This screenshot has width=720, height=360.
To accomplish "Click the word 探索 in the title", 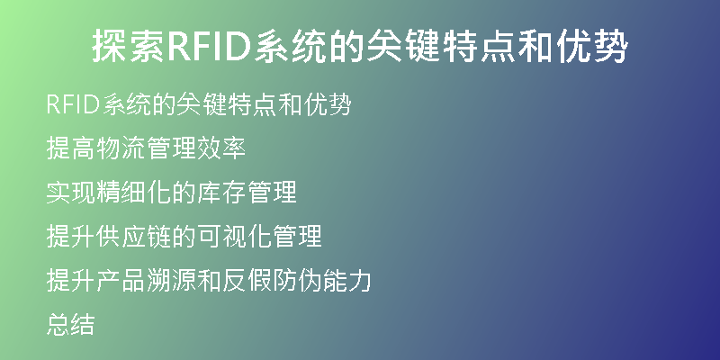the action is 129,46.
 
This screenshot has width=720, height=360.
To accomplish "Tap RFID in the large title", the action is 210,46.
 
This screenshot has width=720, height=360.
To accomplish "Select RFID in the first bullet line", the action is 73,104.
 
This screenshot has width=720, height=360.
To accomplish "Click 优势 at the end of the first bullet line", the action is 328,104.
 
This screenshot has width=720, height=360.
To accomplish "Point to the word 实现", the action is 71,192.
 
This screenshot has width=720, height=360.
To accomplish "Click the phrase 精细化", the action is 133,192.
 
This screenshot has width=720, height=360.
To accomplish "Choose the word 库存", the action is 221,192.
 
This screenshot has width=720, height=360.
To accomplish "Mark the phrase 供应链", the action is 133,236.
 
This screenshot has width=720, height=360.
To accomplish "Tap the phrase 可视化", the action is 234,236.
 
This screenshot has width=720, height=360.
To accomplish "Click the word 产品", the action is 121,280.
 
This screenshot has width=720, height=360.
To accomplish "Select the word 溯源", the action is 171,280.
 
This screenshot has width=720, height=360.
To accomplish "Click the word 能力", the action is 346,280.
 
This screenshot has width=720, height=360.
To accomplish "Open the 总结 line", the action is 71,324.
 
